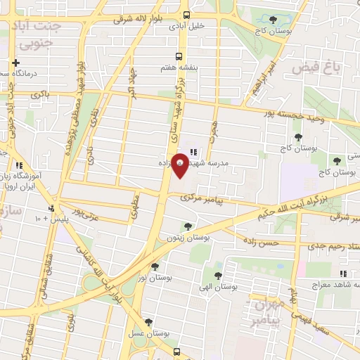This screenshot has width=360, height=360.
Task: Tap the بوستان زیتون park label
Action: click(x=187, y=238)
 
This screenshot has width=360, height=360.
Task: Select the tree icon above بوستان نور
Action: click(x=155, y=266)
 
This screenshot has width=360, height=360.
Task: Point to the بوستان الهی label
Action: click(x=217, y=287)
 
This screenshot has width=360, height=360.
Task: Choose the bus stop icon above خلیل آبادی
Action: click(x=186, y=15)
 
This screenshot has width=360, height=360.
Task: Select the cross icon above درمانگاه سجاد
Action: click(x=15, y=63)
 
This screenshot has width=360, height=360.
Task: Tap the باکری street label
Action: click(x=40, y=93)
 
